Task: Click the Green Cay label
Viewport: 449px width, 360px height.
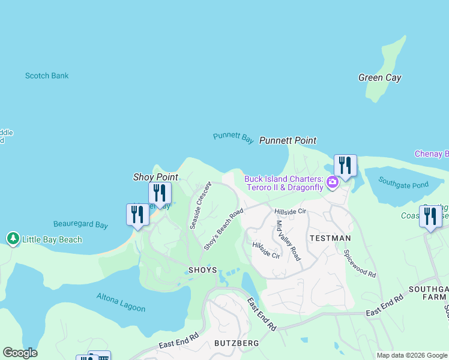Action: [x=379, y=77]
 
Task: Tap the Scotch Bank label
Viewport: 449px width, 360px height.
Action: [x=47, y=76]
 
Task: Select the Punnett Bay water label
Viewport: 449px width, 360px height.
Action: [x=234, y=137]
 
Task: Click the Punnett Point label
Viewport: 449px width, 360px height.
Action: [x=288, y=140]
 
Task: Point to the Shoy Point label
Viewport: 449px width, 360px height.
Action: [x=155, y=177]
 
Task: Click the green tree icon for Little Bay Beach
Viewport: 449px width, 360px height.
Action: [x=13, y=239]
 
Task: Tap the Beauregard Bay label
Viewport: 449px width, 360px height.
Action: [x=80, y=225]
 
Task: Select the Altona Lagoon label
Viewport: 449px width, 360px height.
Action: [x=121, y=302]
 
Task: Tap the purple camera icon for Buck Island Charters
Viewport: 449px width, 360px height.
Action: [x=331, y=181]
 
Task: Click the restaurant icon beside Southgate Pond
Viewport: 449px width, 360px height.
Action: [x=345, y=165]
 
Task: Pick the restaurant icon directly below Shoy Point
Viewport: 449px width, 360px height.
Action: [x=160, y=193]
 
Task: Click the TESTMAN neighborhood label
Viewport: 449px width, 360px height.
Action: [x=330, y=238]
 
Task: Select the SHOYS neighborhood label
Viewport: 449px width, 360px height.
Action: [x=202, y=270]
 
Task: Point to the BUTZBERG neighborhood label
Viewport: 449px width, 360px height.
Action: [x=237, y=343]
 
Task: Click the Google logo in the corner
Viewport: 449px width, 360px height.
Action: [x=20, y=353]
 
